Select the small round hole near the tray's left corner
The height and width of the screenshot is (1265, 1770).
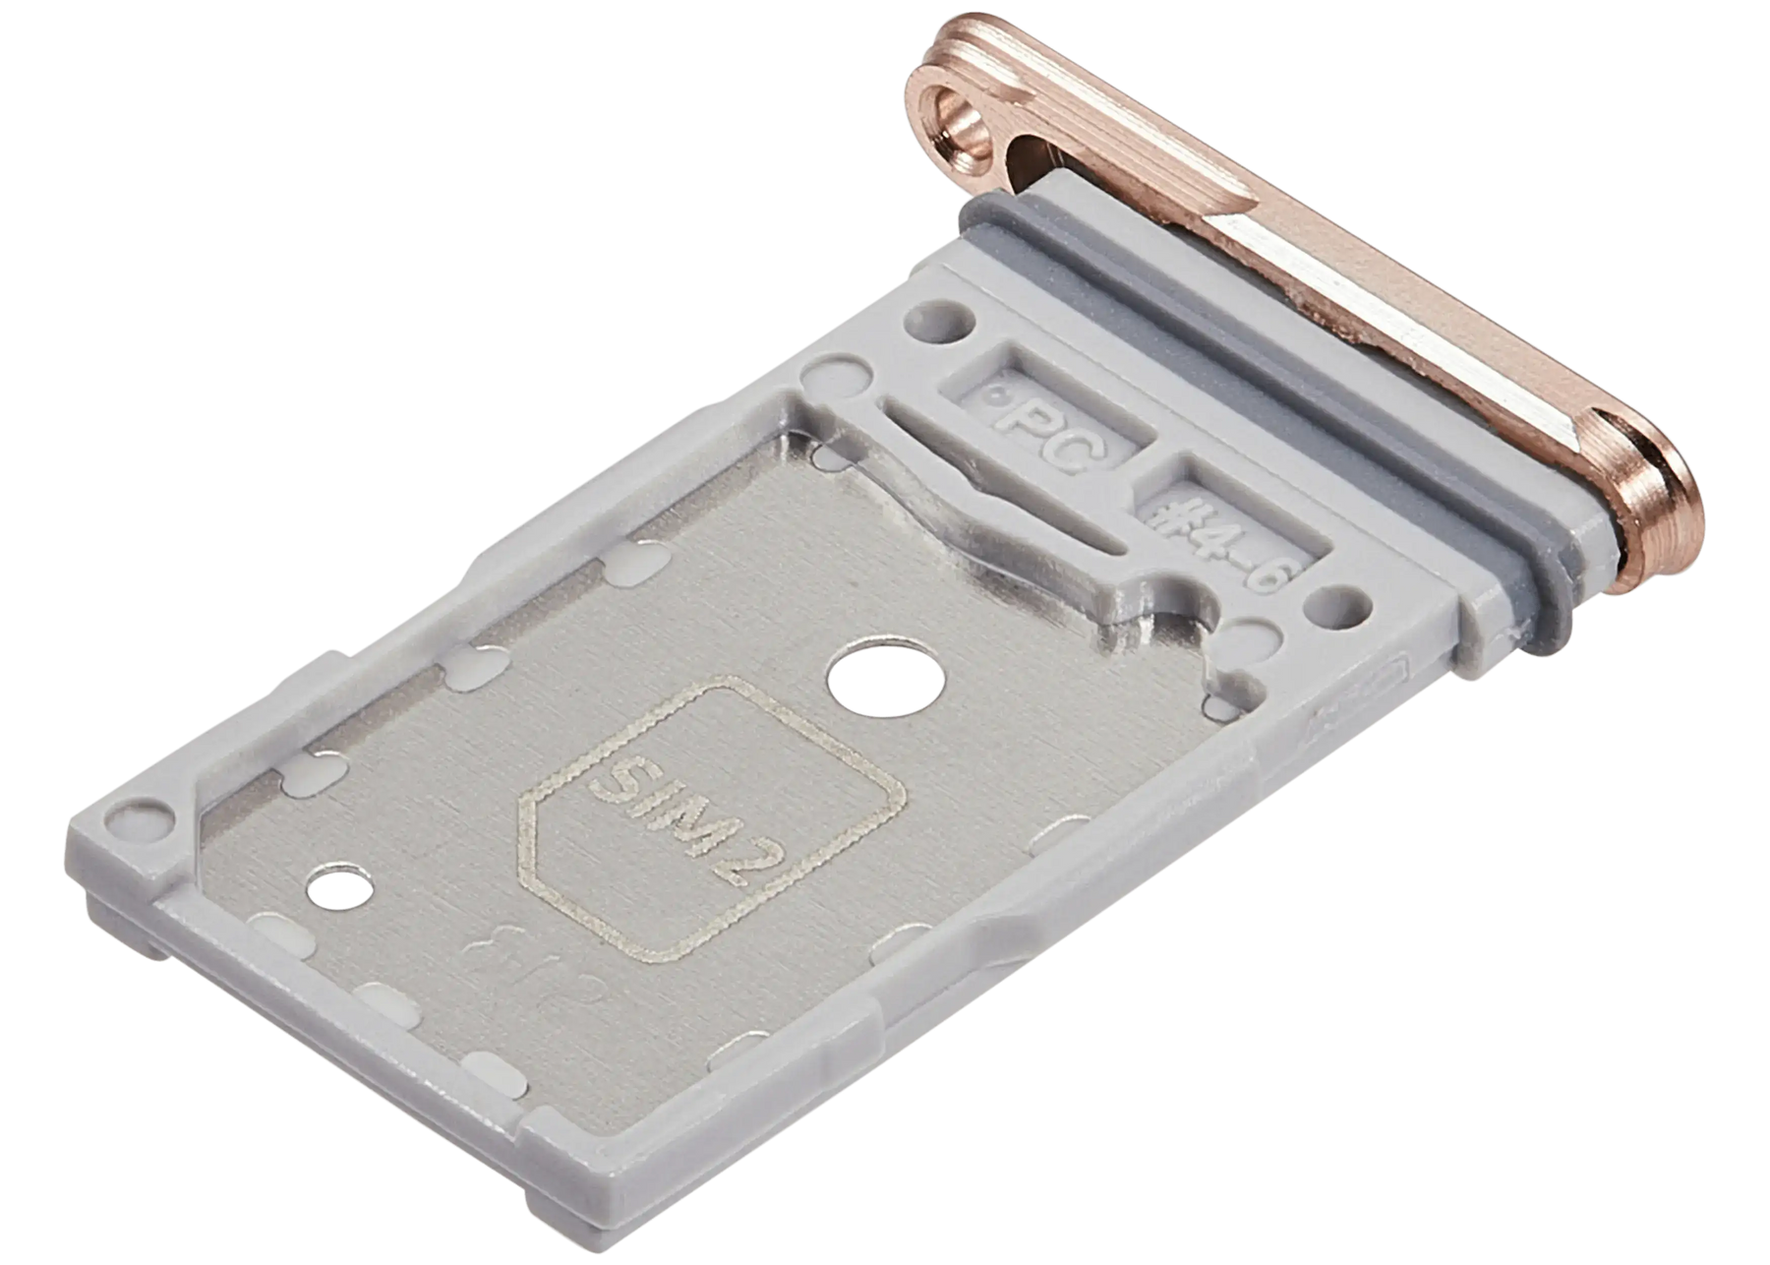339,889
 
